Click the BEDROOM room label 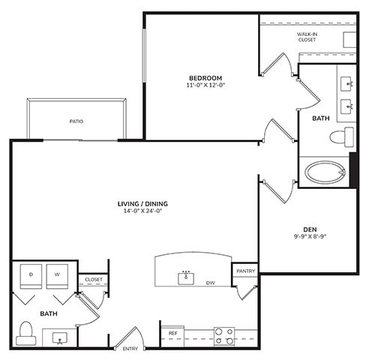pos(205,78)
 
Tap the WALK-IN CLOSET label pos(307,36)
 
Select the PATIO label pos(76,121)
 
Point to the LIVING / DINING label pos(142,203)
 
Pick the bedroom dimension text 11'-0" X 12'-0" pos(205,86)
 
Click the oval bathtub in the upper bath pos(324,172)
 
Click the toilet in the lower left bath pos(26,331)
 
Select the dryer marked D pos(31,275)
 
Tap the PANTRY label pos(245,271)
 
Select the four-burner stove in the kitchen pos(223,336)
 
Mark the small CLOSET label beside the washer pos(93,280)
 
